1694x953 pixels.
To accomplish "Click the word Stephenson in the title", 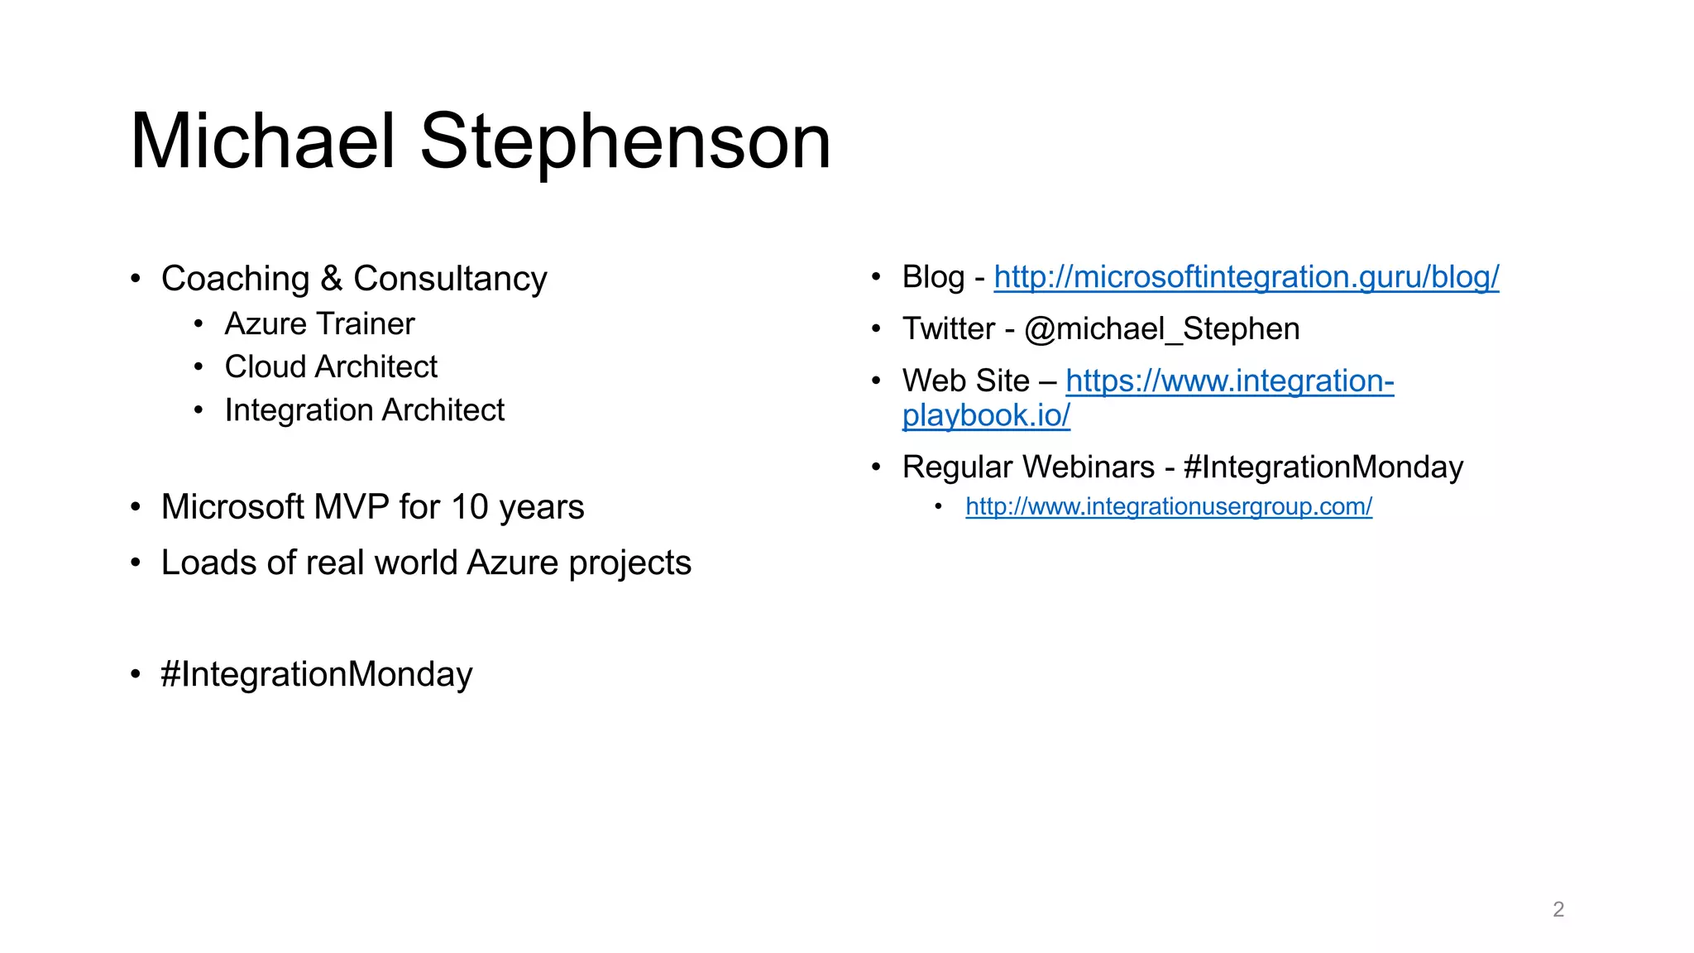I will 625,141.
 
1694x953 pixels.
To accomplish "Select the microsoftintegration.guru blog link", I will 1246,277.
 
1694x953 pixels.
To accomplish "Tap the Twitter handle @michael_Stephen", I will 1161,329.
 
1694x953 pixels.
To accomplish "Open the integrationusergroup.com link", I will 1168,506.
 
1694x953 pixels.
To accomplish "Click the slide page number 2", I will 1558,909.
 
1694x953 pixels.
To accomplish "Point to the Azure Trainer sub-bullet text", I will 319,324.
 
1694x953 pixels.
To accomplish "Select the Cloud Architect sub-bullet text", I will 331,367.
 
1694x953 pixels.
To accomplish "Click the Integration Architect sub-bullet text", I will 364,410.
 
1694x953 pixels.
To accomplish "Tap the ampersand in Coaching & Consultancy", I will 332,279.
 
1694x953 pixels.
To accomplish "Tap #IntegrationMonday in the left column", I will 317,674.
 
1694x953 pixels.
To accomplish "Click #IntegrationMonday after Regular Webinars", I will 1323,467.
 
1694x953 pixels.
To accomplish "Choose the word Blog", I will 933,277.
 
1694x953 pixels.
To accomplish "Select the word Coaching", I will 236,279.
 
